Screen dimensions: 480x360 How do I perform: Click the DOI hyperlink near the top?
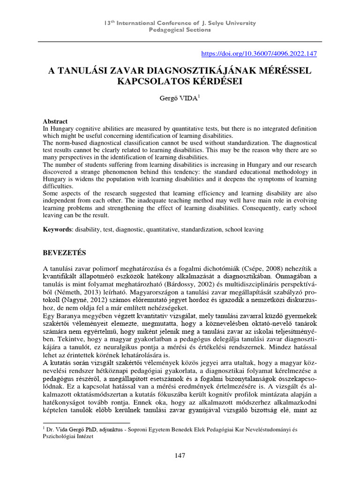259,54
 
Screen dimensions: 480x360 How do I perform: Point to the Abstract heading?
55,121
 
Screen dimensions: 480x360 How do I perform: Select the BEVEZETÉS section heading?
65,253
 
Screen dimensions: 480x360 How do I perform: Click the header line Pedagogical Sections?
180,30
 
